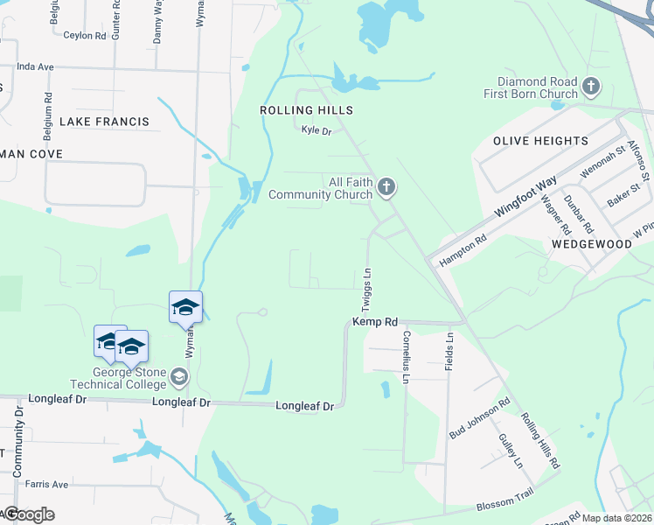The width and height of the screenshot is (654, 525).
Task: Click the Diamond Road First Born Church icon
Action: pos(591,86)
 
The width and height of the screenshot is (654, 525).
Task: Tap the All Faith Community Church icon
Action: pos(386,186)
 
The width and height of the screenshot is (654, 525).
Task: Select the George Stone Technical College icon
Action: pos(179,377)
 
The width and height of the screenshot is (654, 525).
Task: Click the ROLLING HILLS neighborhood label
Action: pos(306,110)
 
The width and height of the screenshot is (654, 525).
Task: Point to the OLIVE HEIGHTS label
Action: pos(540,141)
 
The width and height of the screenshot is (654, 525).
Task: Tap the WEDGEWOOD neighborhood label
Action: pos(591,245)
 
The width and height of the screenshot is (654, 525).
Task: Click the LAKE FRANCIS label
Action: pos(104,122)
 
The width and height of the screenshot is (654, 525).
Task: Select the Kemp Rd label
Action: pos(375,322)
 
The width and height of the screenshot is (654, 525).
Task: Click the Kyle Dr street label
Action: pos(317,130)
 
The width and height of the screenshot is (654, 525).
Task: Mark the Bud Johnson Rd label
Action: pos(479,420)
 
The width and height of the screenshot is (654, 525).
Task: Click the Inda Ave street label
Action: pos(35,66)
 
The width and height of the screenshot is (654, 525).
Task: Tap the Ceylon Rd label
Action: pos(85,35)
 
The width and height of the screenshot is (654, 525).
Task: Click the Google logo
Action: pos(29,514)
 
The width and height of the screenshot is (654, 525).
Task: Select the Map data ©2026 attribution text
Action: pos(616,518)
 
